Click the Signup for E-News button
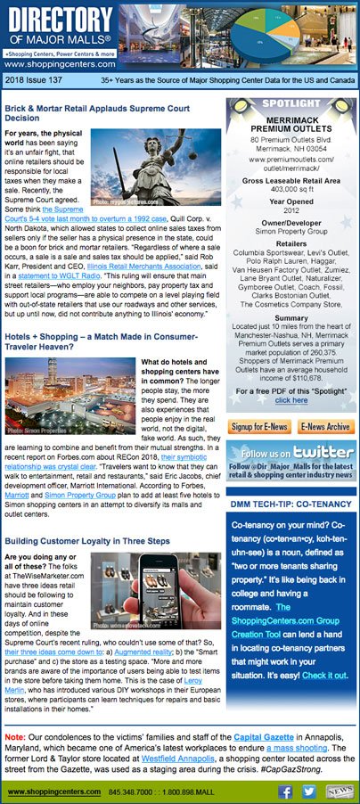point(258,427)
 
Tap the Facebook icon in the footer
point(286,790)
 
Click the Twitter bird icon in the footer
point(309,790)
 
